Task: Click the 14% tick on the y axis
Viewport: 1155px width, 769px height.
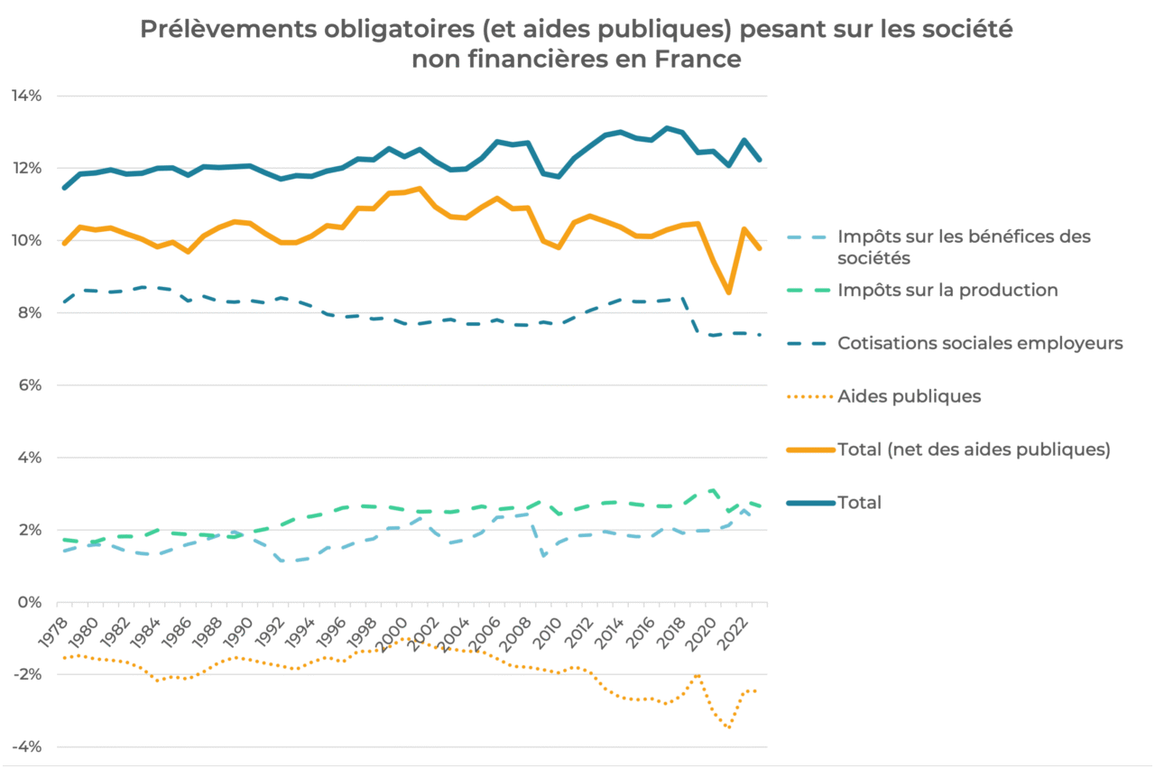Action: [26, 96]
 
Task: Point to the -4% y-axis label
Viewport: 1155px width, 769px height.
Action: [25, 747]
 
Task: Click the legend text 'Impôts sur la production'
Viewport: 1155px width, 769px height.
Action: [947, 290]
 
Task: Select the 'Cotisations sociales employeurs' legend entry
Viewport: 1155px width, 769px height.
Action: [980, 343]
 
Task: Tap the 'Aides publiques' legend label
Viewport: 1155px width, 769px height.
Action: [909, 395]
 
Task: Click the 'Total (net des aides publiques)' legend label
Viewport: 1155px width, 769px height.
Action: [974, 449]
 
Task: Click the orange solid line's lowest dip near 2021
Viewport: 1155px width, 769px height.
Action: [728, 292]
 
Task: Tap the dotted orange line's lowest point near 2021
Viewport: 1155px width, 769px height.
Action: [728, 727]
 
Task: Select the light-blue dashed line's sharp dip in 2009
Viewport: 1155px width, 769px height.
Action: [544, 556]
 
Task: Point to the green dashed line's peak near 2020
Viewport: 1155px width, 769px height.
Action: [714, 489]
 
